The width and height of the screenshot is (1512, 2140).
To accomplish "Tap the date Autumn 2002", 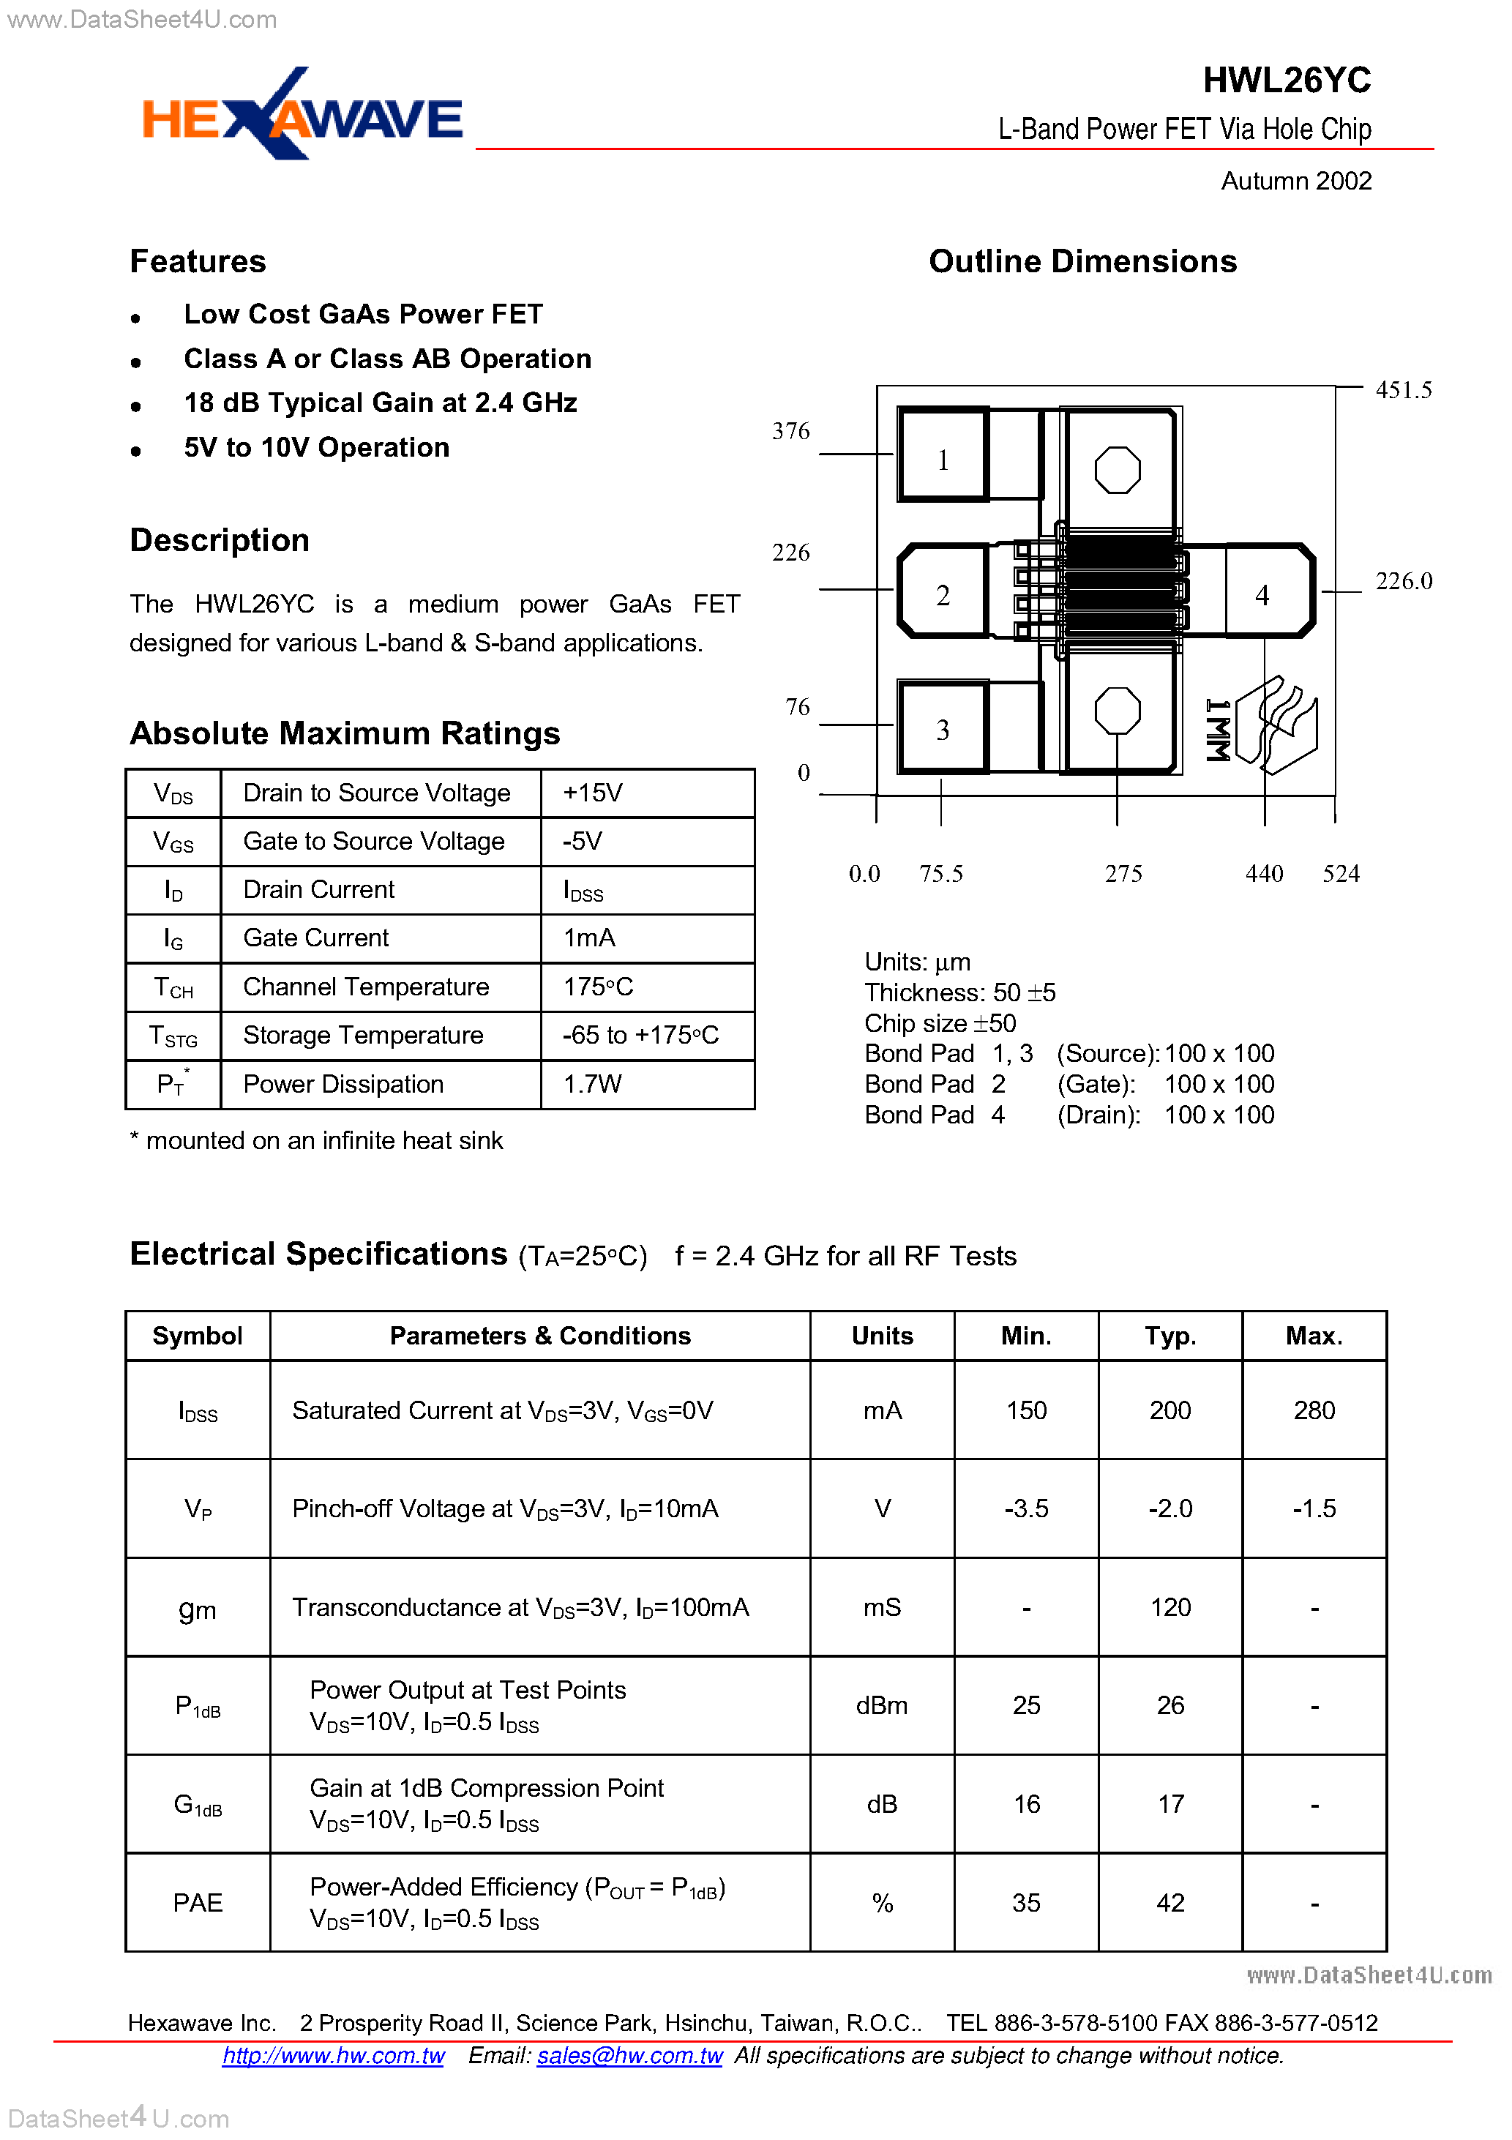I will point(1295,181).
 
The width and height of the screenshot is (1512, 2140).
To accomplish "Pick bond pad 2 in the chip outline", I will point(943,592).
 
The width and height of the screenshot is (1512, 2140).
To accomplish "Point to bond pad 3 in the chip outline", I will point(943,728).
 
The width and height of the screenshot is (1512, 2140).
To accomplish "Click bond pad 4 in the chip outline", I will point(1263,593).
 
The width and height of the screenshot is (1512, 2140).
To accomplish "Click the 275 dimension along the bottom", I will point(1123,873).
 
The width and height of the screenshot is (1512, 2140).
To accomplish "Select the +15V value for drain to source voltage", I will point(592,793).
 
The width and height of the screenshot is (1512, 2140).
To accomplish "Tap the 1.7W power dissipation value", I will point(592,1084).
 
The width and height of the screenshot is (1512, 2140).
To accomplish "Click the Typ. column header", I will point(1170,1336).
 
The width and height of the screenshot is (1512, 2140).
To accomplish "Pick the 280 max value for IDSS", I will point(1314,1410).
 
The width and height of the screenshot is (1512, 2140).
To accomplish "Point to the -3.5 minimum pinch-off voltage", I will point(1025,1508).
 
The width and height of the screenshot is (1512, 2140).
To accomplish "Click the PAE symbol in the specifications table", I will point(198,1902).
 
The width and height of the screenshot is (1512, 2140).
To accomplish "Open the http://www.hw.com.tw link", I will point(333,2055).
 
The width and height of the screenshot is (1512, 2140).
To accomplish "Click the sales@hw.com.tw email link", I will point(629,2055).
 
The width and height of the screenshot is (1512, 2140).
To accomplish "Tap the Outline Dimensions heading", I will point(1082,262).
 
